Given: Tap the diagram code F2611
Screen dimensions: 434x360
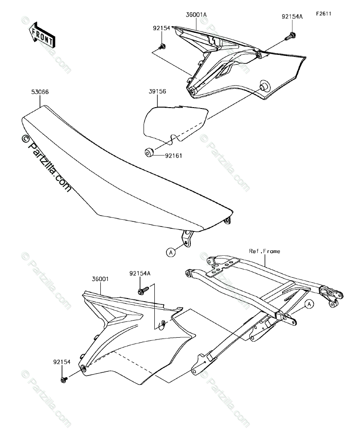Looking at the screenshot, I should tap(323, 14).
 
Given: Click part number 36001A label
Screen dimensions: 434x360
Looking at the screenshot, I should tap(196, 15).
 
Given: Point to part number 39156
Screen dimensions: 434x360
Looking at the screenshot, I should tap(157, 90).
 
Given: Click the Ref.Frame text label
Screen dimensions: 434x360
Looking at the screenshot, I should tap(264, 251).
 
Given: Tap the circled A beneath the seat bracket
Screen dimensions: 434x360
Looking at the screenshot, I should tap(171, 253).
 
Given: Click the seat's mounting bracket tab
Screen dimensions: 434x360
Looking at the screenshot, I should tap(186, 237).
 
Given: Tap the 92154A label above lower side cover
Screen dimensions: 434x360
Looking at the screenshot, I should tap(140, 273).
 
